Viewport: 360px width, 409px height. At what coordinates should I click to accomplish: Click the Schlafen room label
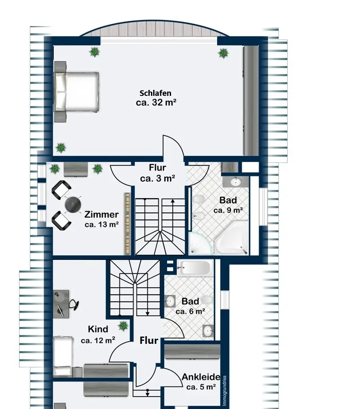click(x=155, y=93)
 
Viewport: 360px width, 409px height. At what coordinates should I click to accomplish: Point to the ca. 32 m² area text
click(x=156, y=103)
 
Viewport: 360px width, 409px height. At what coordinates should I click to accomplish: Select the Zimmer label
click(x=101, y=214)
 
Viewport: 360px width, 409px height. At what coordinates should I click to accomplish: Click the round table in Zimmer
click(x=73, y=205)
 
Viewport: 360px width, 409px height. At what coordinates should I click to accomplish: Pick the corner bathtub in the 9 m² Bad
click(x=232, y=238)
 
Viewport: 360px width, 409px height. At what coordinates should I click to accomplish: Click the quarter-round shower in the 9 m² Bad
click(x=200, y=243)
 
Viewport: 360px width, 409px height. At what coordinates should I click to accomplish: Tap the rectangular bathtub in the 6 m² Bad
click(x=195, y=268)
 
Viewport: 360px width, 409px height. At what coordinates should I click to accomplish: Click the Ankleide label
click(x=201, y=377)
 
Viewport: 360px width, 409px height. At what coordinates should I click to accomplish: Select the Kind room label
click(x=98, y=329)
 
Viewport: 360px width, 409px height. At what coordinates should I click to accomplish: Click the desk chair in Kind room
click(x=74, y=305)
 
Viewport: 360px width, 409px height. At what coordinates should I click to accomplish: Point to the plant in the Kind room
click(x=123, y=326)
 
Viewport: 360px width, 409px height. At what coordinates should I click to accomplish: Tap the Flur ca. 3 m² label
click(x=157, y=173)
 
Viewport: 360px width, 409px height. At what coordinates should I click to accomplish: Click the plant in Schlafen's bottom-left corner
click(x=61, y=148)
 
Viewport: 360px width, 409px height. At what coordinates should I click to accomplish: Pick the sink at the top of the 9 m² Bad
click(x=236, y=182)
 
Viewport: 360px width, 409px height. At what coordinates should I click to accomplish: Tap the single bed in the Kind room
click(x=63, y=356)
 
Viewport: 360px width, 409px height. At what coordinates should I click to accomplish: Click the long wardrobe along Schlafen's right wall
click(x=251, y=101)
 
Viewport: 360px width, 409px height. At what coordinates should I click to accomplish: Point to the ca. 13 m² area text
click(x=102, y=225)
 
